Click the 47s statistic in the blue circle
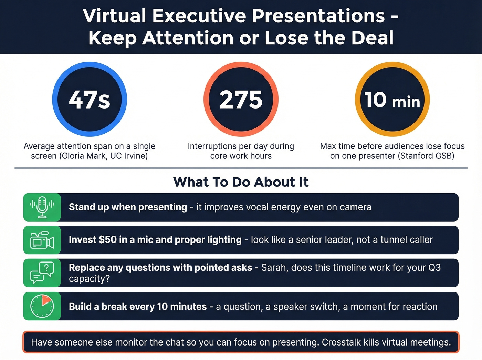pos(90,100)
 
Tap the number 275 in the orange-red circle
pos(241,100)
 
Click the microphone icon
pos(42,207)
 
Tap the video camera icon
pos(42,240)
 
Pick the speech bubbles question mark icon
pos(42,273)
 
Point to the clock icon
pos(42,306)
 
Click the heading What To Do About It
pos(241,182)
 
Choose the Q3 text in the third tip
pos(434,268)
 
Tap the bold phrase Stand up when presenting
pos(128,207)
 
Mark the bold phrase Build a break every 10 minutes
pos(138,306)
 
